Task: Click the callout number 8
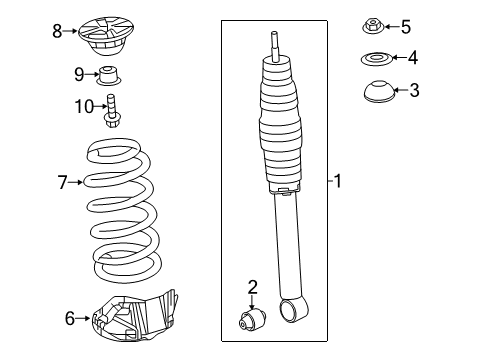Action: pos(57,31)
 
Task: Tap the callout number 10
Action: pos(84,107)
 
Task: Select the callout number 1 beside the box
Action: pos(338,181)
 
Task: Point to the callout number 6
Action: pos(70,318)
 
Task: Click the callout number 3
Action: pos(414,90)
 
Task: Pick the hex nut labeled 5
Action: pos(373,27)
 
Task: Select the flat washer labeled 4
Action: pos(376,59)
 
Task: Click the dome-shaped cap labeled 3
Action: pos(379,90)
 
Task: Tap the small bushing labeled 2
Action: pos(252,319)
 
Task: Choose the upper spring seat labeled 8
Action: pos(106,36)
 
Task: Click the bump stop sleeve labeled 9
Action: pos(108,76)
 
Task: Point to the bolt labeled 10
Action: pos(111,111)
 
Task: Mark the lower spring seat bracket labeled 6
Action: pos(134,317)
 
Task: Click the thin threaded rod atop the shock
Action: pos(274,46)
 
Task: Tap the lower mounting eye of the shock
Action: pos(292,310)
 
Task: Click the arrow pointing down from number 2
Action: pos(252,302)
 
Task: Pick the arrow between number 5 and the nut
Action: pos(392,26)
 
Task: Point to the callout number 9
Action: pos(79,74)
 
